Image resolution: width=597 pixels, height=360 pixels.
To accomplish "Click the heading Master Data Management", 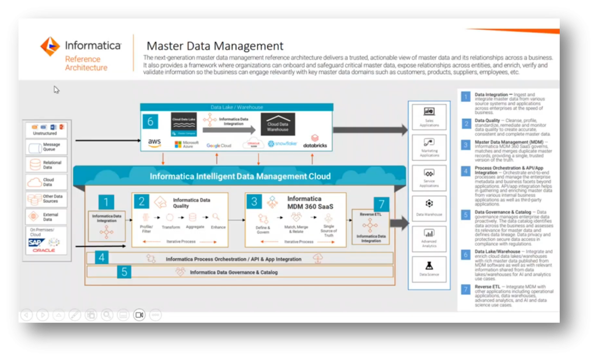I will (x=215, y=46).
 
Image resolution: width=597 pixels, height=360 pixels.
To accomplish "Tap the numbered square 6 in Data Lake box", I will (x=150, y=122).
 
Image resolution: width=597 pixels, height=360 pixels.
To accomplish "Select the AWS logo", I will (x=154, y=143).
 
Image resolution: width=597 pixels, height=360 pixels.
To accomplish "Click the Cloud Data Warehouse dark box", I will (x=278, y=124).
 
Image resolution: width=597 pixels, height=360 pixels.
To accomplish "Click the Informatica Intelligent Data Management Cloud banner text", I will (x=240, y=176).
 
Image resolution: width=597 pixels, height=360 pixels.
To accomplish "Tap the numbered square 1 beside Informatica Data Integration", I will (x=106, y=202).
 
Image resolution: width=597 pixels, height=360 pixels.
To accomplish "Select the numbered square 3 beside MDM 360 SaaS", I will (x=254, y=202).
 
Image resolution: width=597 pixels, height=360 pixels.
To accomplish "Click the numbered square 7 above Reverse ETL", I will (x=381, y=204).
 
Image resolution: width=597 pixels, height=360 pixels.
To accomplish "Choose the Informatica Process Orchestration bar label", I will (x=233, y=259).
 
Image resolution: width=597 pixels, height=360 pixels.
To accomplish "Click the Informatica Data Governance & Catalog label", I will (x=234, y=272).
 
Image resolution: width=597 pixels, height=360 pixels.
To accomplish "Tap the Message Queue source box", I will (x=47, y=146).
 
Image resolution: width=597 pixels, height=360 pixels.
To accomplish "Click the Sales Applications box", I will (x=429, y=115).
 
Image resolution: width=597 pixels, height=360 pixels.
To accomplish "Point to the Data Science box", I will (x=429, y=270).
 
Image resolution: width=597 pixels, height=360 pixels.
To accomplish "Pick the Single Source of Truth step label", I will (x=328, y=231).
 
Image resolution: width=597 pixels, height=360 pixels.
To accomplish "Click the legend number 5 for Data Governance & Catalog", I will (x=466, y=214).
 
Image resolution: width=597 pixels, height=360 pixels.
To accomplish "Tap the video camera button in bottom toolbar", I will (x=139, y=315).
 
